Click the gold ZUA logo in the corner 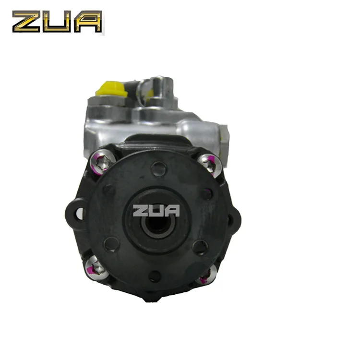57,21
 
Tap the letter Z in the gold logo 26,21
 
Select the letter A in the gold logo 88,21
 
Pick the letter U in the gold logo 57,21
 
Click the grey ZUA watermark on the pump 156,211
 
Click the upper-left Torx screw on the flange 102,162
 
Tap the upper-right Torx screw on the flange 210,165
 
